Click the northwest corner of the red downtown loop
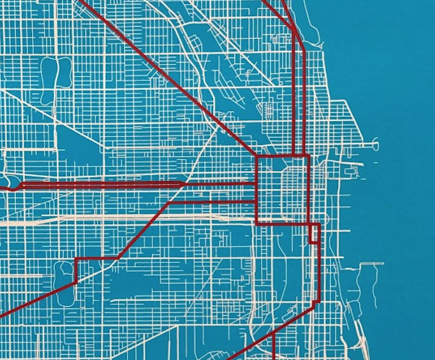pos(257,156)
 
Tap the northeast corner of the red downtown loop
pos(309,156)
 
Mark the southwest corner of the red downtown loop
pos(257,223)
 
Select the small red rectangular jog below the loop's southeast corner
pos(314,234)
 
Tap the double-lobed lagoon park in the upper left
pos(55,79)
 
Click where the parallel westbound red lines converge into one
pos(185,184)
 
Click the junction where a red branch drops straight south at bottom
pos(273,333)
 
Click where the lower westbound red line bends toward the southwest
pos(170,202)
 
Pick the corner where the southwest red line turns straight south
pos(77,259)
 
